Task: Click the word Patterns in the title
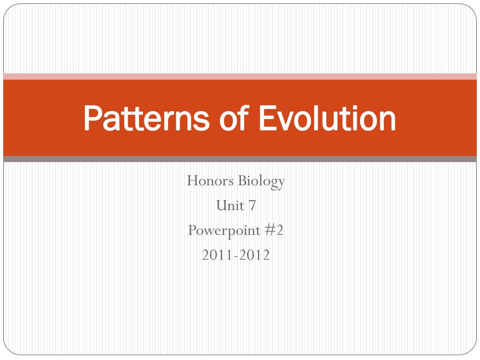(146, 119)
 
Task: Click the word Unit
(229, 205)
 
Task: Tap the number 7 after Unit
(252, 205)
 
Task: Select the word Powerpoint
(224, 231)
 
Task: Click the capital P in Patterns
(92, 119)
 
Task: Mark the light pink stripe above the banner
(240, 76)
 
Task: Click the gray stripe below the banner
(240, 159)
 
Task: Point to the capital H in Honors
(192, 180)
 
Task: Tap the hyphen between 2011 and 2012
(236, 256)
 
